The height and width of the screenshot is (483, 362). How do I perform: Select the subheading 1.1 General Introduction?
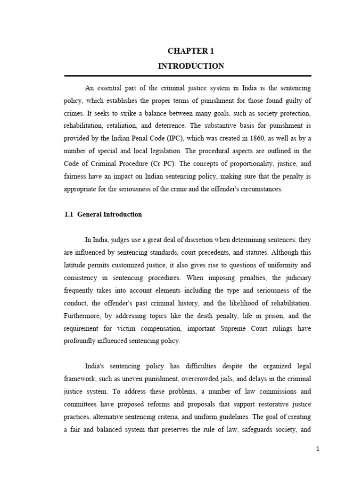click(x=103, y=214)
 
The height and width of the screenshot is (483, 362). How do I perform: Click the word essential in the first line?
click(x=109, y=88)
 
